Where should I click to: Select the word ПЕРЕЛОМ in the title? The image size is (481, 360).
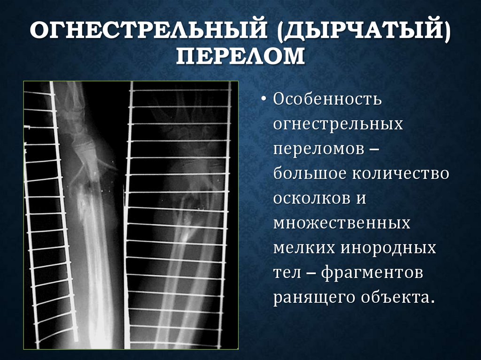pyautogui.click(x=240, y=58)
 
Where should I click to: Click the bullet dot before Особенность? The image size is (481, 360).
pyautogui.click(x=264, y=100)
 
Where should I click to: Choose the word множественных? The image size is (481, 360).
pyautogui.click(x=341, y=223)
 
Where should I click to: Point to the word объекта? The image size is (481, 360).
pyautogui.click(x=395, y=298)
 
